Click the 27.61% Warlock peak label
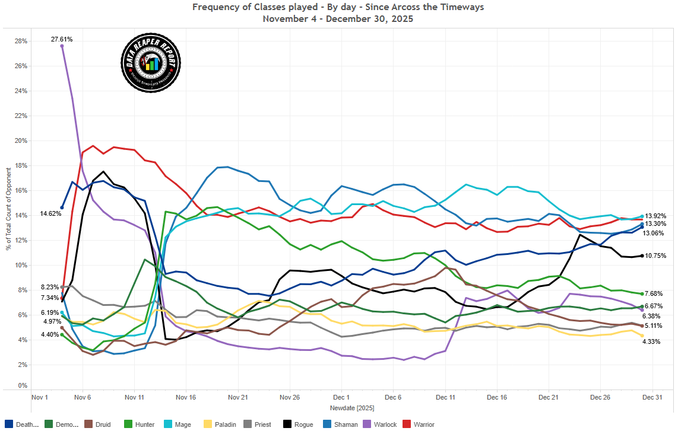pyautogui.click(x=62, y=39)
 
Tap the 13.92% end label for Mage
pyautogui.click(x=655, y=216)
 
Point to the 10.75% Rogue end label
pyautogui.click(x=655, y=256)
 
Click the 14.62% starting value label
pyautogui.click(x=51, y=213)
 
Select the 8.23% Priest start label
pyautogui.click(x=50, y=286)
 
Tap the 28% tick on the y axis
pyautogui.click(x=21, y=41)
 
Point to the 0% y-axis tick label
pyautogui.click(x=23, y=386)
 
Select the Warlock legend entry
pyautogui.click(x=381, y=424)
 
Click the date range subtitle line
pyautogui.click(x=338, y=18)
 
